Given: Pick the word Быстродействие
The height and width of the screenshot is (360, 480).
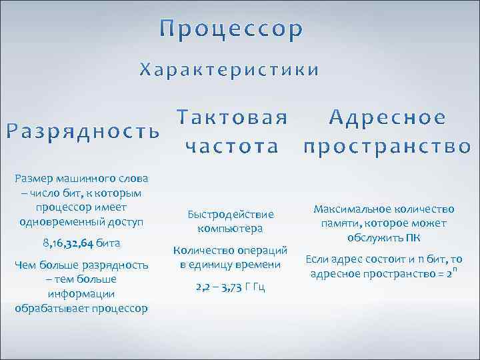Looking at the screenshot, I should pyautogui.click(x=231, y=215).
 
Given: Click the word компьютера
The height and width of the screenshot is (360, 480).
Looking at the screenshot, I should pyautogui.click(x=231, y=229).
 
